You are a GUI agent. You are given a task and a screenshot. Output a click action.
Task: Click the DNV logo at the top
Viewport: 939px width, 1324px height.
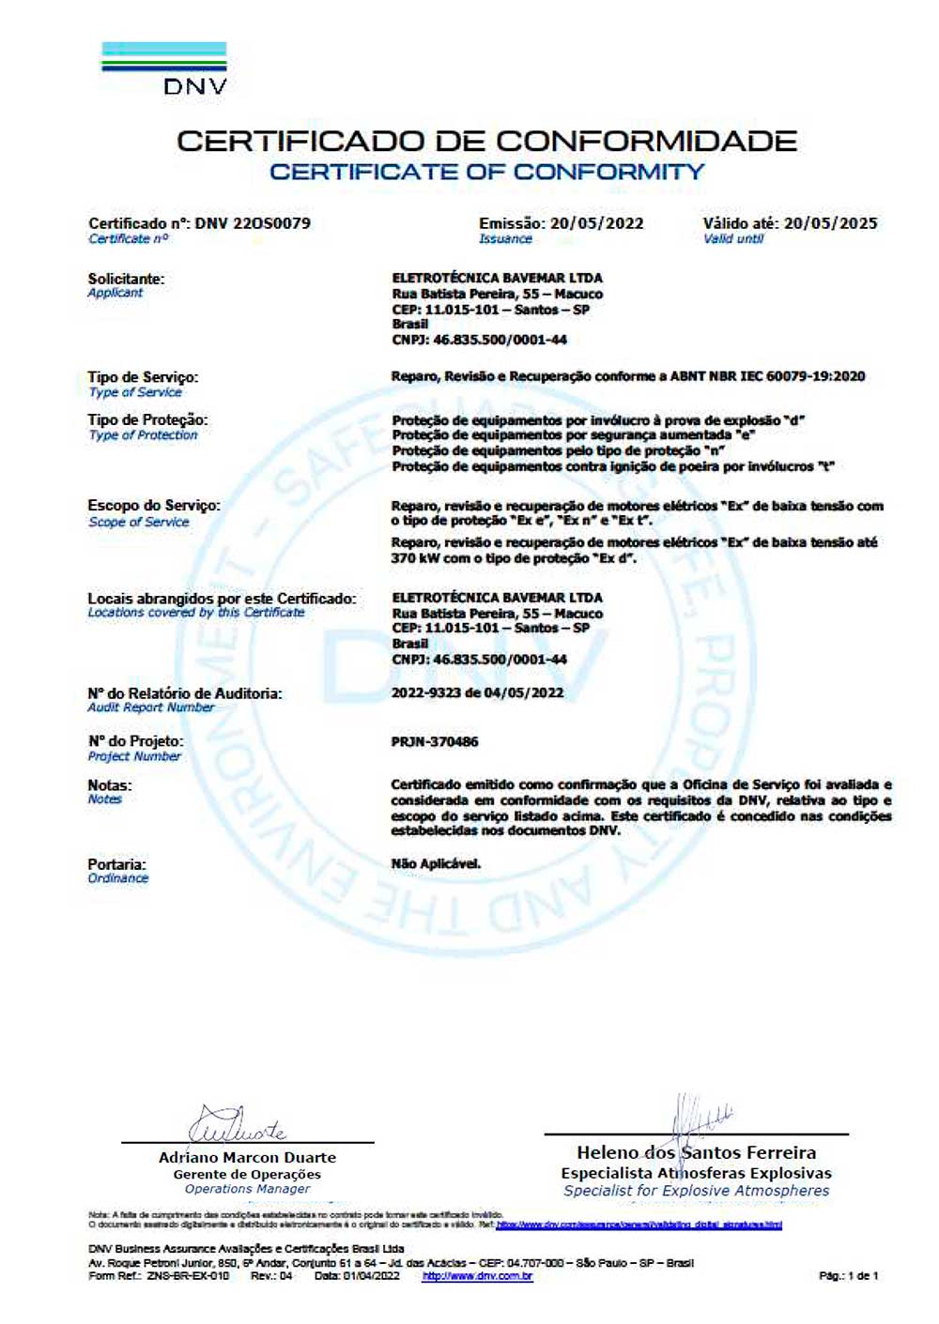point(164,68)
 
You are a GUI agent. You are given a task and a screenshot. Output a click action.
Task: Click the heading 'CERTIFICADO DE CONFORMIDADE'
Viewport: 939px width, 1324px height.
point(486,142)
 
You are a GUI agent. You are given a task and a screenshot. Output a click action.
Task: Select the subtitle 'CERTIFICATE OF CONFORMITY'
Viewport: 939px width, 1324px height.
point(486,173)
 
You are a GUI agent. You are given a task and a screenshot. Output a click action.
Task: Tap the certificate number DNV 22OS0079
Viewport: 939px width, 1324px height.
point(253,223)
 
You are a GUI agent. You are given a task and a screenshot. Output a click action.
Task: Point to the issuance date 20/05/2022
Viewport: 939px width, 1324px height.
point(597,223)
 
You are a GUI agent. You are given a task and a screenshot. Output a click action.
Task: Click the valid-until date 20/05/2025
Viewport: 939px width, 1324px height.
point(831,223)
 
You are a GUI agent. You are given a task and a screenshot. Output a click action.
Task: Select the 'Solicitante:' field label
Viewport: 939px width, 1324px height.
point(126,279)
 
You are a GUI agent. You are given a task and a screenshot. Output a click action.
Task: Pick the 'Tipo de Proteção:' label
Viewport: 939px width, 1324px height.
point(147,419)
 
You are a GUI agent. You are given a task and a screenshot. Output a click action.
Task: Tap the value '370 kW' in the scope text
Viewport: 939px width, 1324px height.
point(416,557)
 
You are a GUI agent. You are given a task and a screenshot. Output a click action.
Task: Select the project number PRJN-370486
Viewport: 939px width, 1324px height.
point(435,742)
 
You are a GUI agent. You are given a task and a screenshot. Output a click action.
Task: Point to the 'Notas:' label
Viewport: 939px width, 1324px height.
point(110,785)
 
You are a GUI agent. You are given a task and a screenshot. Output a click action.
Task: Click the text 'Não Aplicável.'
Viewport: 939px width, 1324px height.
point(436,863)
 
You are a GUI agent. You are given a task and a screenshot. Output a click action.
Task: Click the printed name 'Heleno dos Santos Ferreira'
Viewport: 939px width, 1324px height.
point(696,1152)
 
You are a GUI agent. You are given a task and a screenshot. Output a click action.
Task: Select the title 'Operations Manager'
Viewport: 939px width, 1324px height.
point(247,1189)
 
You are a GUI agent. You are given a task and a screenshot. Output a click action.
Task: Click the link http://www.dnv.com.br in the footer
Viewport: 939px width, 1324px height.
point(477,1276)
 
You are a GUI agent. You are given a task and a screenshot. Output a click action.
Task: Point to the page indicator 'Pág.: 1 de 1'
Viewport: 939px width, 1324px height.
point(849,1276)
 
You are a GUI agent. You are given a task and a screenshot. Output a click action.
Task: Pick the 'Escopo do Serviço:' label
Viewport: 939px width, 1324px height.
point(154,506)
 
